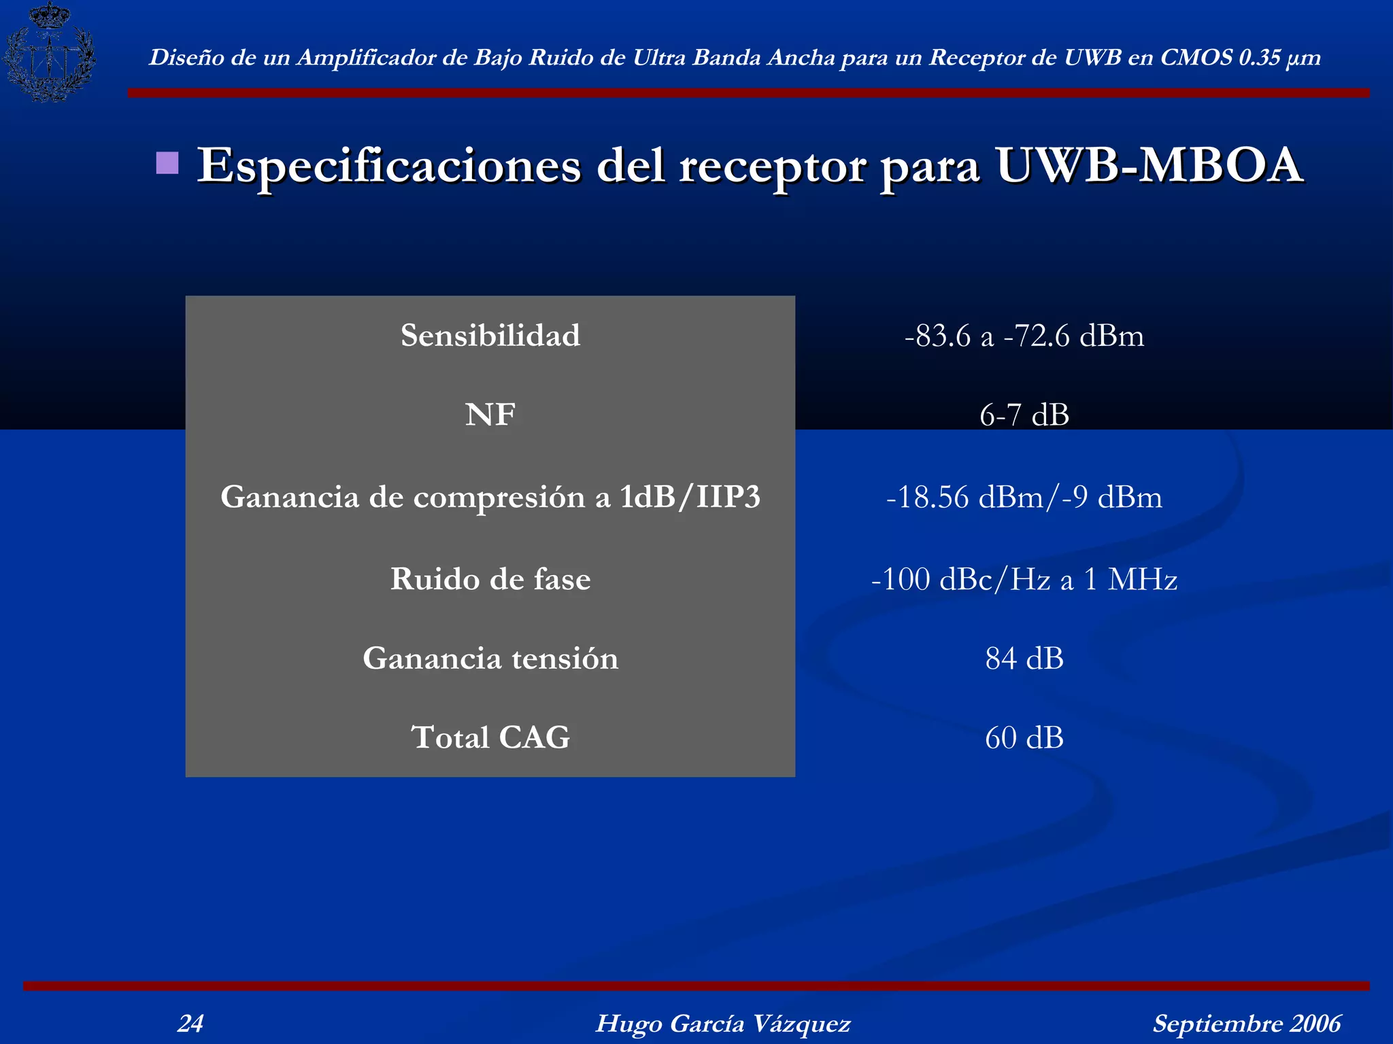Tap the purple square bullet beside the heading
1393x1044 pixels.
pyautogui.click(x=167, y=163)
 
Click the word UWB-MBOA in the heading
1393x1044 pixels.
pyautogui.click(x=1149, y=165)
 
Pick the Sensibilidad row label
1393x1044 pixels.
pyautogui.click(x=490, y=335)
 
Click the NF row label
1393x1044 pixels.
pyautogui.click(x=490, y=415)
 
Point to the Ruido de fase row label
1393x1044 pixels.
pyautogui.click(x=490, y=579)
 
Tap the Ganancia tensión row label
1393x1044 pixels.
pyautogui.click(x=490, y=658)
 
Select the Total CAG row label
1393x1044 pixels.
pyautogui.click(x=490, y=737)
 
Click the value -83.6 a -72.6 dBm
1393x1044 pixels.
pyautogui.click(x=1024, y=336)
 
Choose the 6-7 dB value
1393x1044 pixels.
pyautogui.click(x=1024, y=415)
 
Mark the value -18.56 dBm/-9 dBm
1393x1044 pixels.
pyautogui.click(x=1024, y=498)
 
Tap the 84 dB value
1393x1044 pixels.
pyautogui.click(x=1024, y=659)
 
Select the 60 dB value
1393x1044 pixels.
pyautogui.click(x=1024, y=738)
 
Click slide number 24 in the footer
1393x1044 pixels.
pyautogui.click(x=190, y=1023)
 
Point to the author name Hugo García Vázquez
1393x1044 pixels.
pyautogui.click(x=723, y=1023)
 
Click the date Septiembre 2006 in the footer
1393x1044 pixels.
pyautogui.click(x=1247, y=1023)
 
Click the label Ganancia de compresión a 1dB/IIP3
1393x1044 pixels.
pyautogui.click(x=490, y=497)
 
